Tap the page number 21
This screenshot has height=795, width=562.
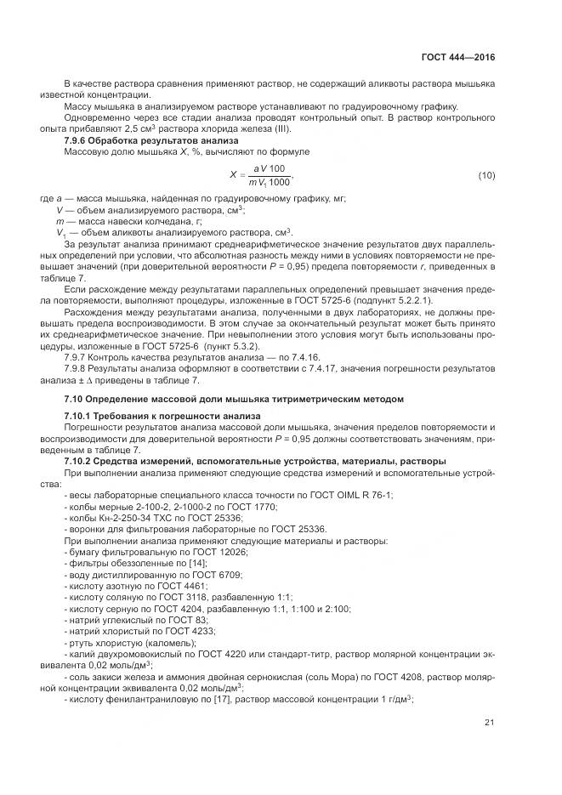[490, 723]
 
